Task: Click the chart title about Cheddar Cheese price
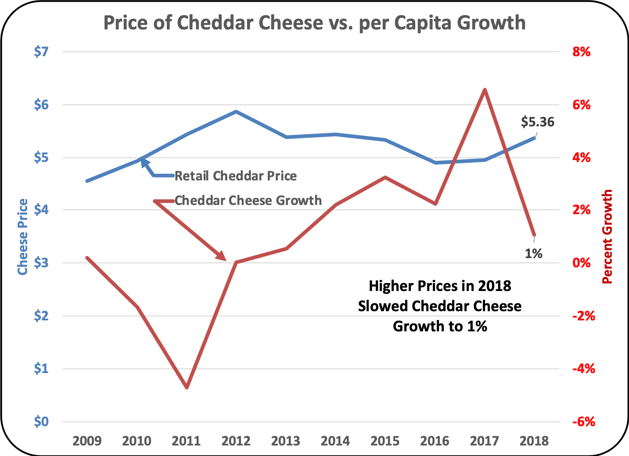tap(314, 23)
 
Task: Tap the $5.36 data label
tap(537, 122)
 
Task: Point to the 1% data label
tap(534, 253)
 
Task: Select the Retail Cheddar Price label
tap(236, 176)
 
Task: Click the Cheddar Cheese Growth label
tap(248, 201)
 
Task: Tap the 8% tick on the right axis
tap(581, 52)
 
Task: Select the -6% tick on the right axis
tap(583, 422)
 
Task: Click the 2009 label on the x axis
tap(87, 441)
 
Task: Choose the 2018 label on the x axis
tap(534, 441)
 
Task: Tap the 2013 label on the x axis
tap(286, 441)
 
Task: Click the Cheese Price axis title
tap(22, 237)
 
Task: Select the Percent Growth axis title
tap(607, 237)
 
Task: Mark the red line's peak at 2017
tap(485, 90)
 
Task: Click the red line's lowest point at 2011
tap(187, 388)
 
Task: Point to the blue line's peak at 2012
tap(236, 111)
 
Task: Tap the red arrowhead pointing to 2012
tap(222, 257)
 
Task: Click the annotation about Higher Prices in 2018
tap(440, 306)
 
